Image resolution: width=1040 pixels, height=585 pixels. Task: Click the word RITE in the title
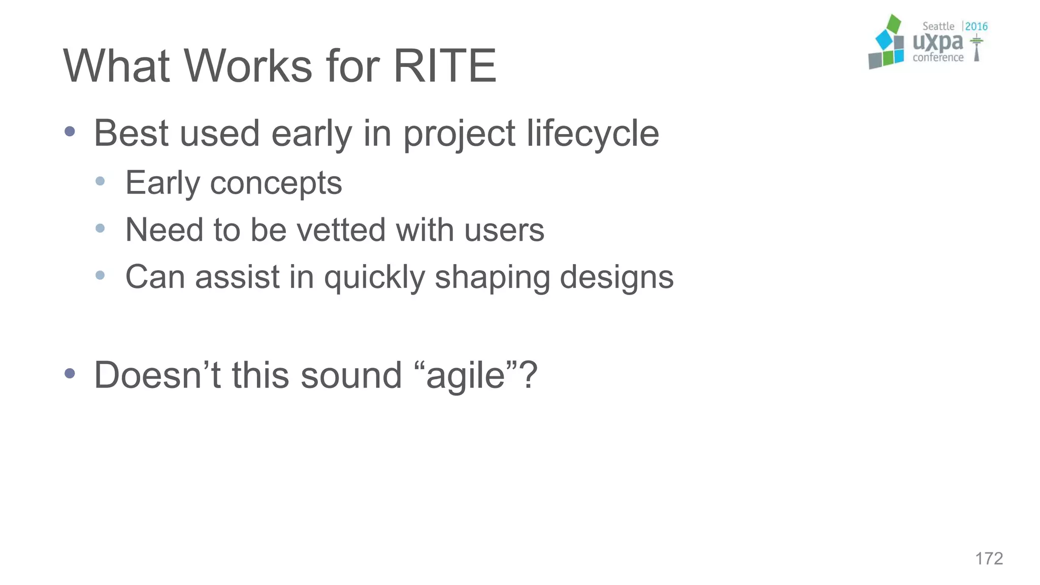click(445, 66)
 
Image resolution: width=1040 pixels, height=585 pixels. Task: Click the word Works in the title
click(248, 66)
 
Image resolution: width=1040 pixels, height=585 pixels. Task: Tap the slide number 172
click(989, 559)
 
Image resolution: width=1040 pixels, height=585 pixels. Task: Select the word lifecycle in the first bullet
click(593, 134)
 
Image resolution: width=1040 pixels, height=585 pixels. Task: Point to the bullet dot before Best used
click(70, 132)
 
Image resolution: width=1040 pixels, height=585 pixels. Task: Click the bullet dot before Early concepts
click(100, 181)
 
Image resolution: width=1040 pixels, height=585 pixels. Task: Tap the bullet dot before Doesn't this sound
click(70, 374)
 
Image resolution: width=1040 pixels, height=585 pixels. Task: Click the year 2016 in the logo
click(976, 26)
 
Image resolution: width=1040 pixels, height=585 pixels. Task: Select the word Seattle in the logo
click(938, 26)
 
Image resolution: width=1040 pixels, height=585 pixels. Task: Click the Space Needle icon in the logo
click(976, 49)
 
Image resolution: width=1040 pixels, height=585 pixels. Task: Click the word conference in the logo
click(938, 58)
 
